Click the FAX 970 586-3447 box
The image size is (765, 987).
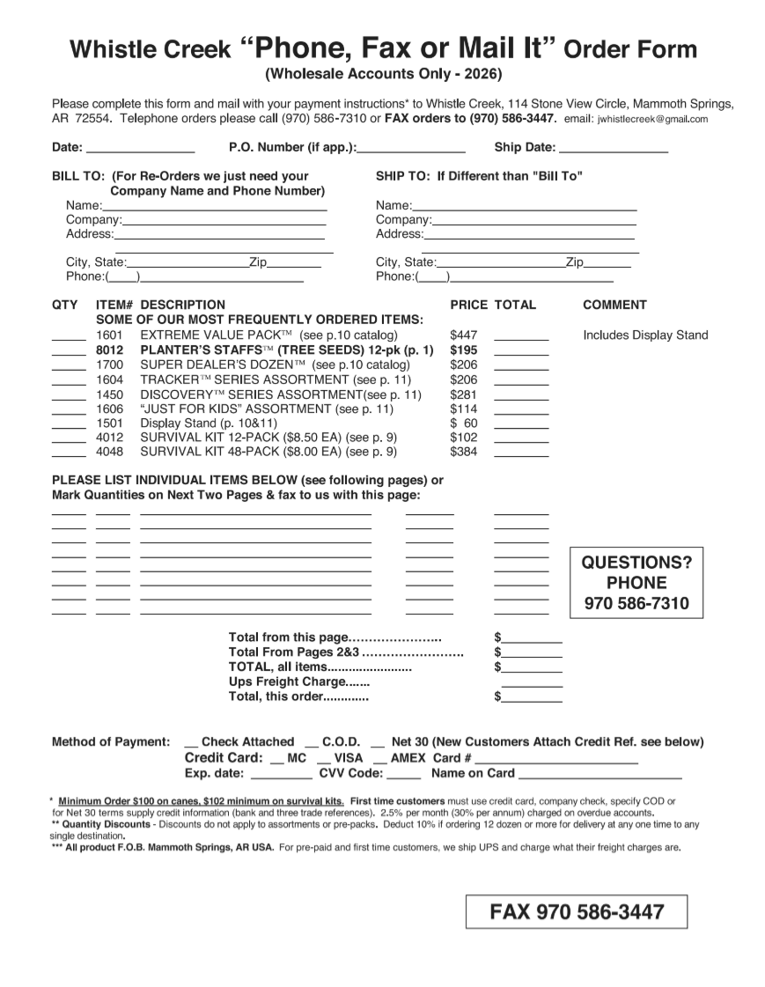coord(576,912)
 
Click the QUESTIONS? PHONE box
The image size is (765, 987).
coord(637,583)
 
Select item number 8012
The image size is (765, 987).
coord(109,350)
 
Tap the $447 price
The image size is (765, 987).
coord(463,335)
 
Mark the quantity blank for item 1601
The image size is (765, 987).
coord(69,338)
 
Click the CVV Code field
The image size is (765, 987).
coord(404,777)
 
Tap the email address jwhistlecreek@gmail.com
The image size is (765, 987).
coord(652,119)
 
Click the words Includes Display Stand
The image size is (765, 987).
coord(645,335)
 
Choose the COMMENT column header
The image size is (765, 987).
coord(614,305)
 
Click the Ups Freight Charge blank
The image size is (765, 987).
coord(532,684)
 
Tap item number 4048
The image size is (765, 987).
coord(109,452)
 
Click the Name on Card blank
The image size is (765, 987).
coord(599,777)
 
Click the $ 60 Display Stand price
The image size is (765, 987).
coord(463,423)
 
